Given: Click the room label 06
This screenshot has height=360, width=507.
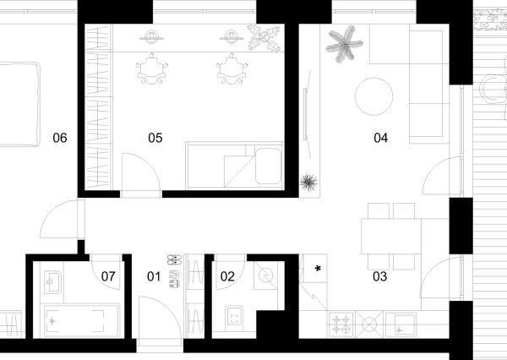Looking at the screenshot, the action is [x=60, y=138].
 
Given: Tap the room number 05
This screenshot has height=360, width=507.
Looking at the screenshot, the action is [x=155, y=138].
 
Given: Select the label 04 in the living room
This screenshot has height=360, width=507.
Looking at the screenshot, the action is [x=380, y=138].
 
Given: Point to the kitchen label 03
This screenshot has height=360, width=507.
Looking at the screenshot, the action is [x=379, y=276].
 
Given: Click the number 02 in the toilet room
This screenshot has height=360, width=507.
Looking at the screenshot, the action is [x=227, y=276].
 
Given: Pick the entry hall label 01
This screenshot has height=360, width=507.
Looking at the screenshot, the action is [x=154, y=276].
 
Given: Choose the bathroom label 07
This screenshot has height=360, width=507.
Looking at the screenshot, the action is [x=108, y=276].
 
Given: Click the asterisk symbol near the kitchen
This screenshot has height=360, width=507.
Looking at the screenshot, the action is [x=319, y=269].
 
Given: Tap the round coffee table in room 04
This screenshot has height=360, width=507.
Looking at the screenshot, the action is [x=373, y=96].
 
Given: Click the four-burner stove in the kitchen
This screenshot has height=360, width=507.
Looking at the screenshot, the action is [x=341, y=325].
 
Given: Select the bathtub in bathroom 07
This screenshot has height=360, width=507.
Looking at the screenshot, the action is [x=80, y=321].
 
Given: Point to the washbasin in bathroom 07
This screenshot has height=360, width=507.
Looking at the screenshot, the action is [x=52, y=282].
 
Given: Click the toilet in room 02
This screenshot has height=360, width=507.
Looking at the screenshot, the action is [x=235, y=317].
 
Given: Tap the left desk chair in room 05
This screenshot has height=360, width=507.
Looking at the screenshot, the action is [x=152, y=69].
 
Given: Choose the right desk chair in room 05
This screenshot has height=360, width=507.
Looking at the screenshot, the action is [x=232, y=69].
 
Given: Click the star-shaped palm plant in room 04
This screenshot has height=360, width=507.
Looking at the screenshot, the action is [x=344, y=44].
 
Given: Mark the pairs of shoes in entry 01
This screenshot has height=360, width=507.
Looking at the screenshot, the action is [x=175, y=271].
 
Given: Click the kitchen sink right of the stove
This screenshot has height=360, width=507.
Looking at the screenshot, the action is [x=401, y=325].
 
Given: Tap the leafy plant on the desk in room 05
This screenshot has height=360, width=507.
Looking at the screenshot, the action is [x=264, y=38].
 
